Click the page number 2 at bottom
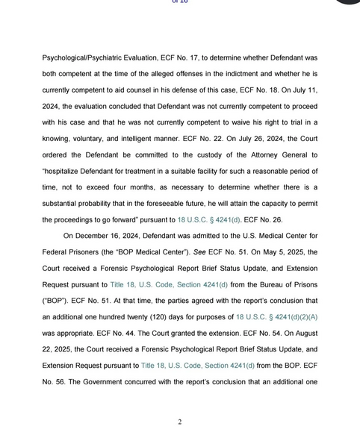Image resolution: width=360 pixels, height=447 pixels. [180, 422]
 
